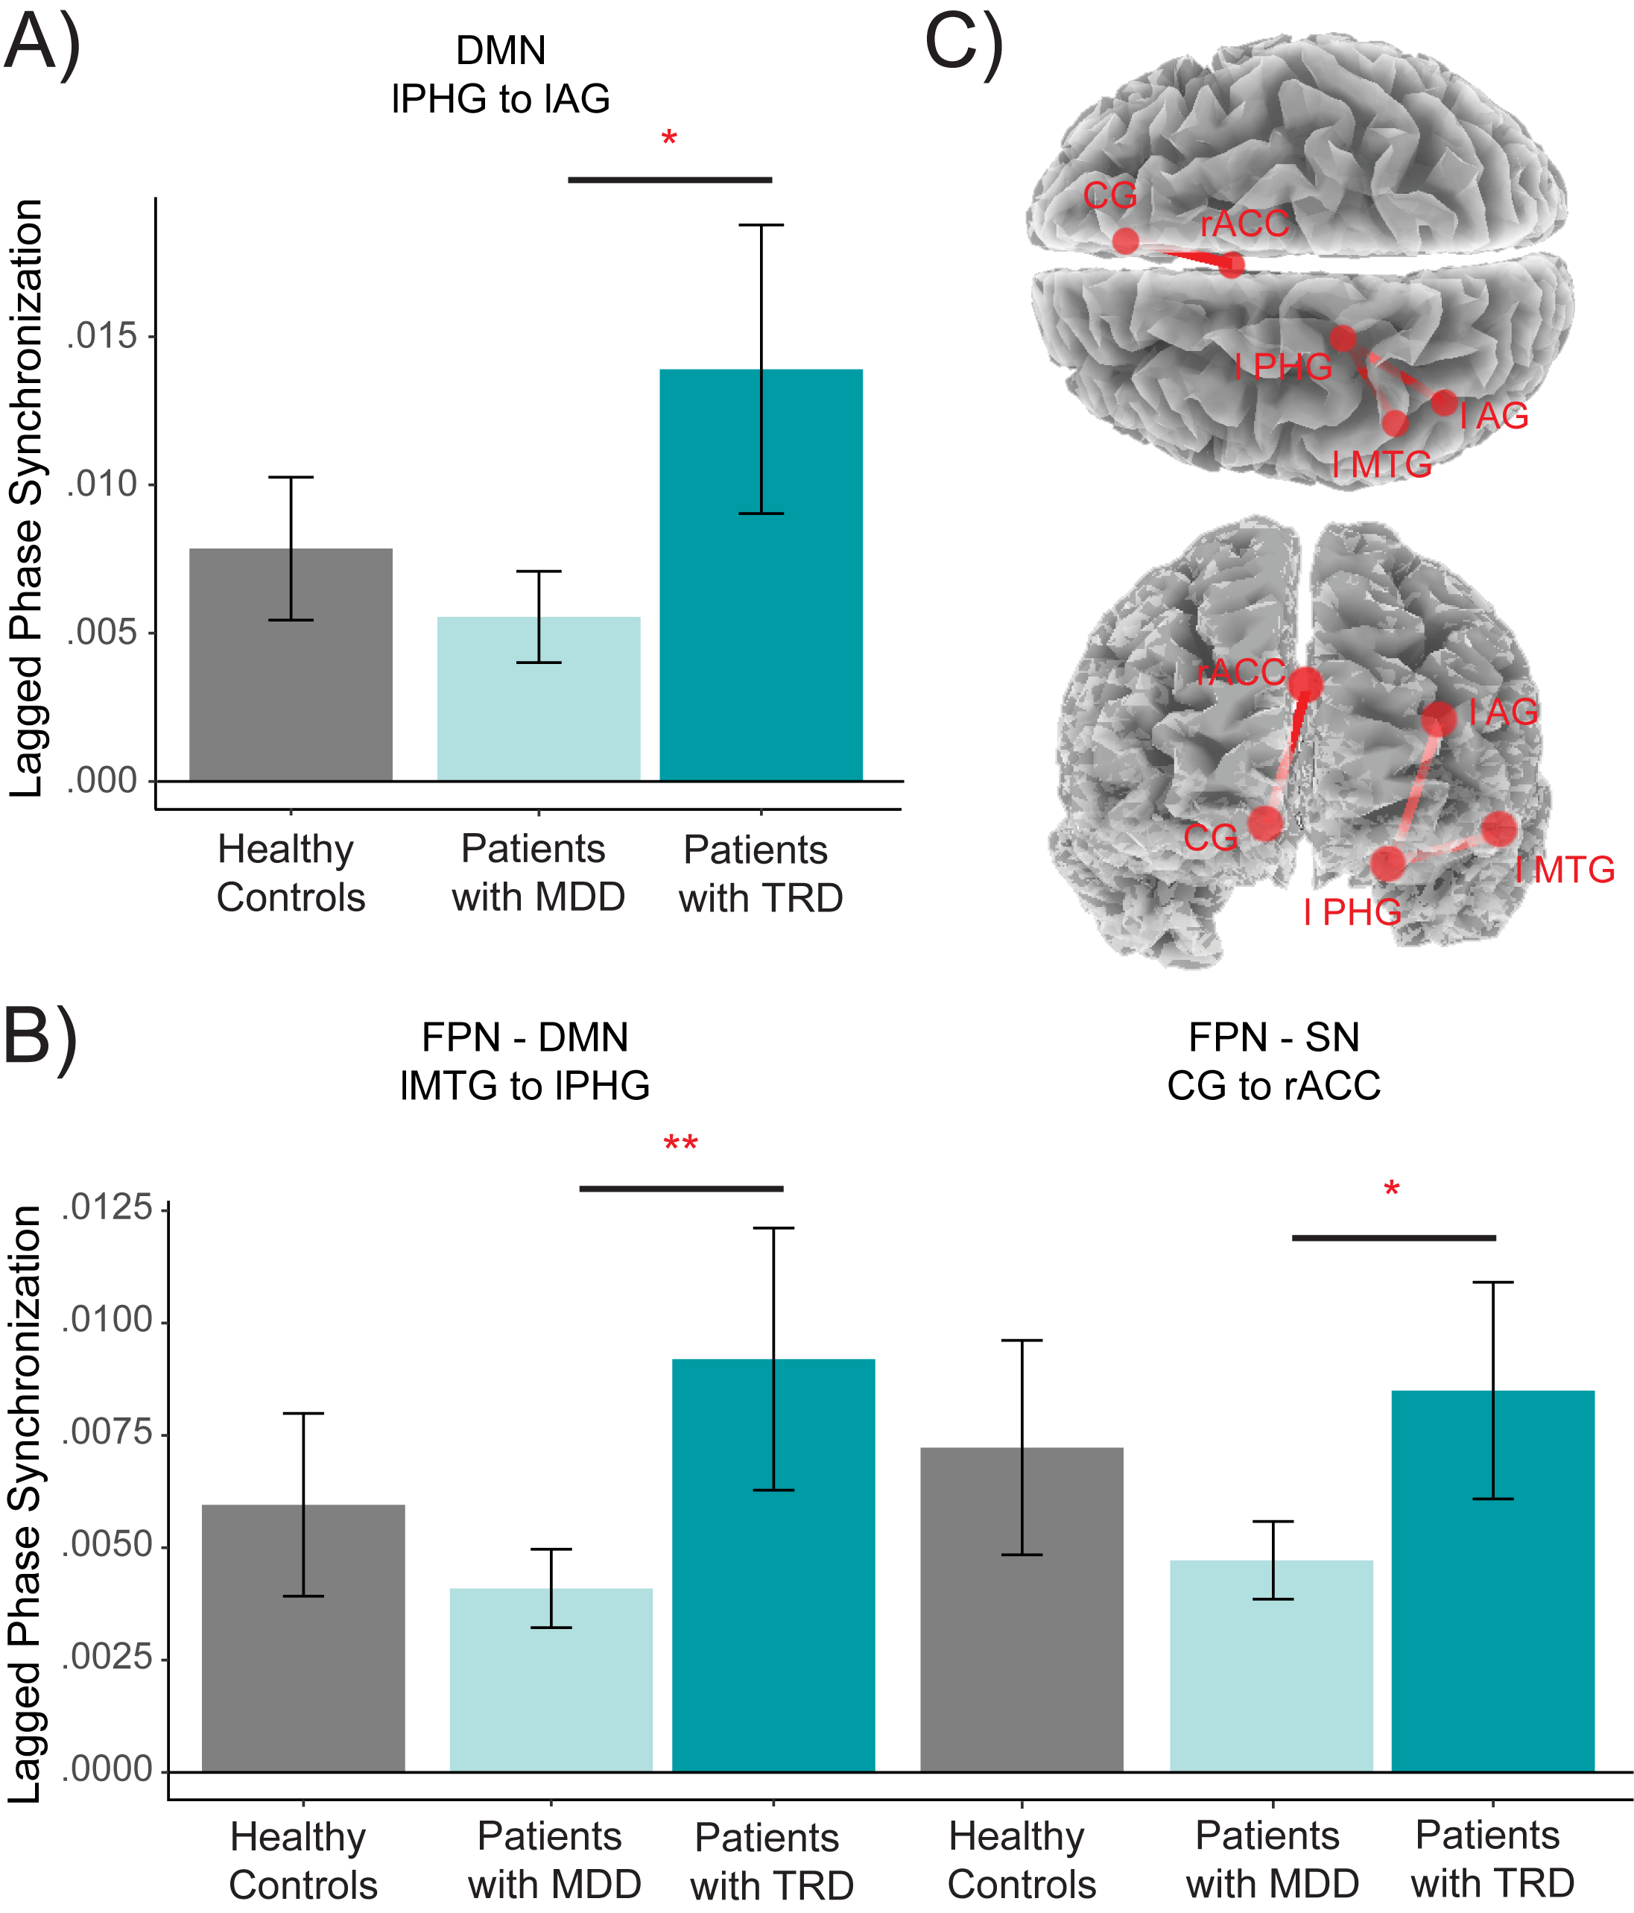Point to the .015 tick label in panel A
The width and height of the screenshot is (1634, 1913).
(x=101, y=336)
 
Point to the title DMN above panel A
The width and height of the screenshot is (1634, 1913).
(x=501, y=50)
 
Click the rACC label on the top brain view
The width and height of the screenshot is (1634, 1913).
(x=1244, y=224)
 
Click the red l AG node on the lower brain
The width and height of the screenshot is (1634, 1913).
(x=1438, y=718)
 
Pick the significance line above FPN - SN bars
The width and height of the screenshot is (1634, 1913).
(x=1393, y=1237)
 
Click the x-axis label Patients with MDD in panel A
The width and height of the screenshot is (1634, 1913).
(x=538, y=873)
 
